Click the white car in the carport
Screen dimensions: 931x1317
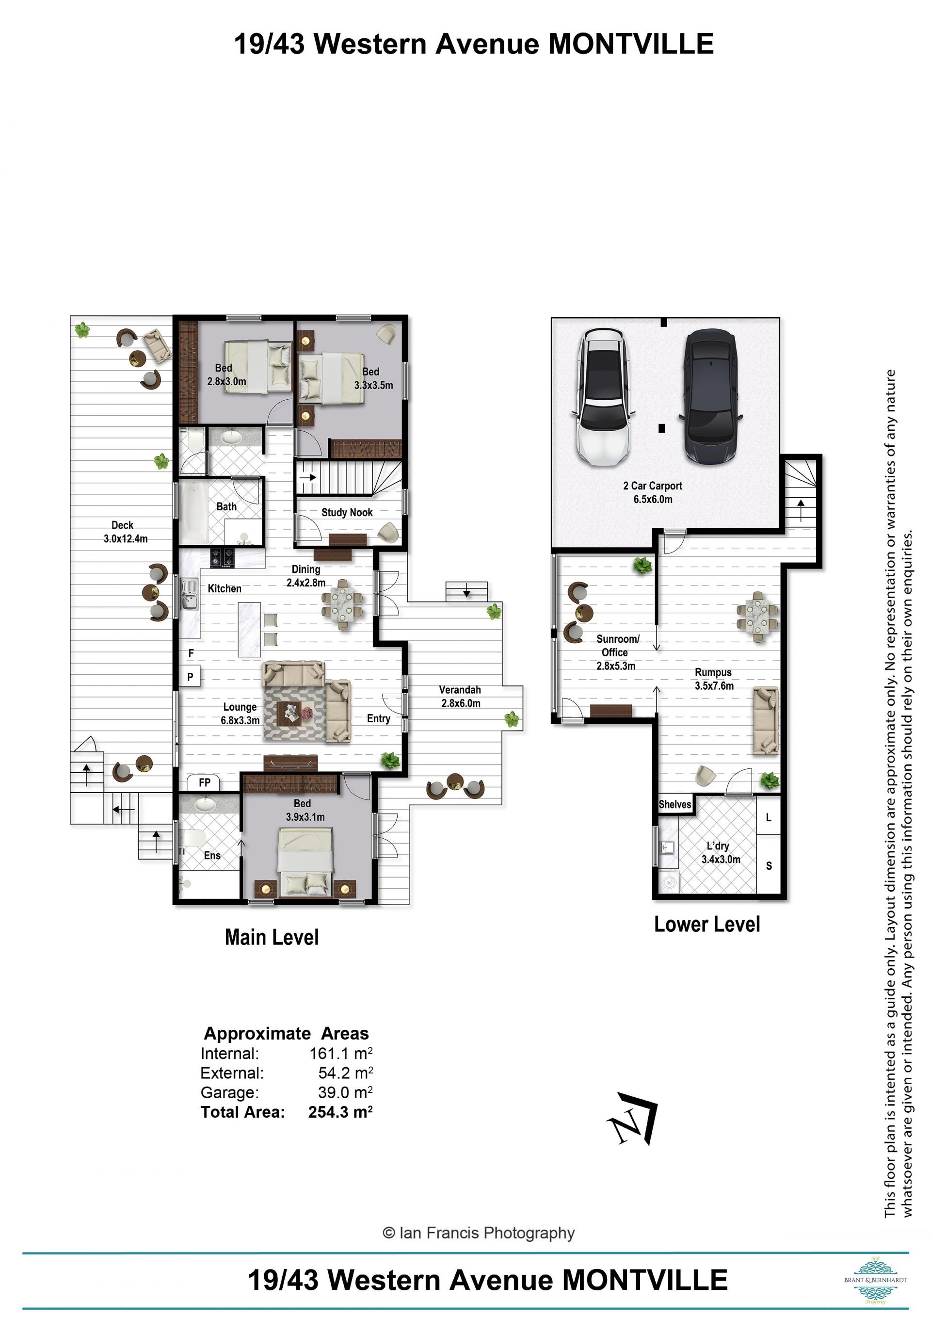click(x=603, y=397)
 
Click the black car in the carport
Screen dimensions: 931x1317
click(x=710, y=396)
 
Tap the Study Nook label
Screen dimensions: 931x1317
click(x=347, y=512)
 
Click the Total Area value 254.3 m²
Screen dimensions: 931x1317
click(x=340, y=1112)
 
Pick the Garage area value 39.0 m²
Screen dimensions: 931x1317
click(x=345, y=1092)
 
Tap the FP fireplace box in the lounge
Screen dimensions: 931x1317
click(x=204, y=782)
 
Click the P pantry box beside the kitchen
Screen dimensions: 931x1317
click(x=191, y=677)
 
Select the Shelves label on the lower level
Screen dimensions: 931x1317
click(x=675, y=804)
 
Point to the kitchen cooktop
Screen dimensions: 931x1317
click(x=223, y=557)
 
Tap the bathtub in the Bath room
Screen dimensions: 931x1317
click(x=193, y=512)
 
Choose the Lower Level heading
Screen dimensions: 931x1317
click(x=707, y=924)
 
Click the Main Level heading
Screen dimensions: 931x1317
click(x=272, y=937)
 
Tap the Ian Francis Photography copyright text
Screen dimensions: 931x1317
click(x=478, y=1233)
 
